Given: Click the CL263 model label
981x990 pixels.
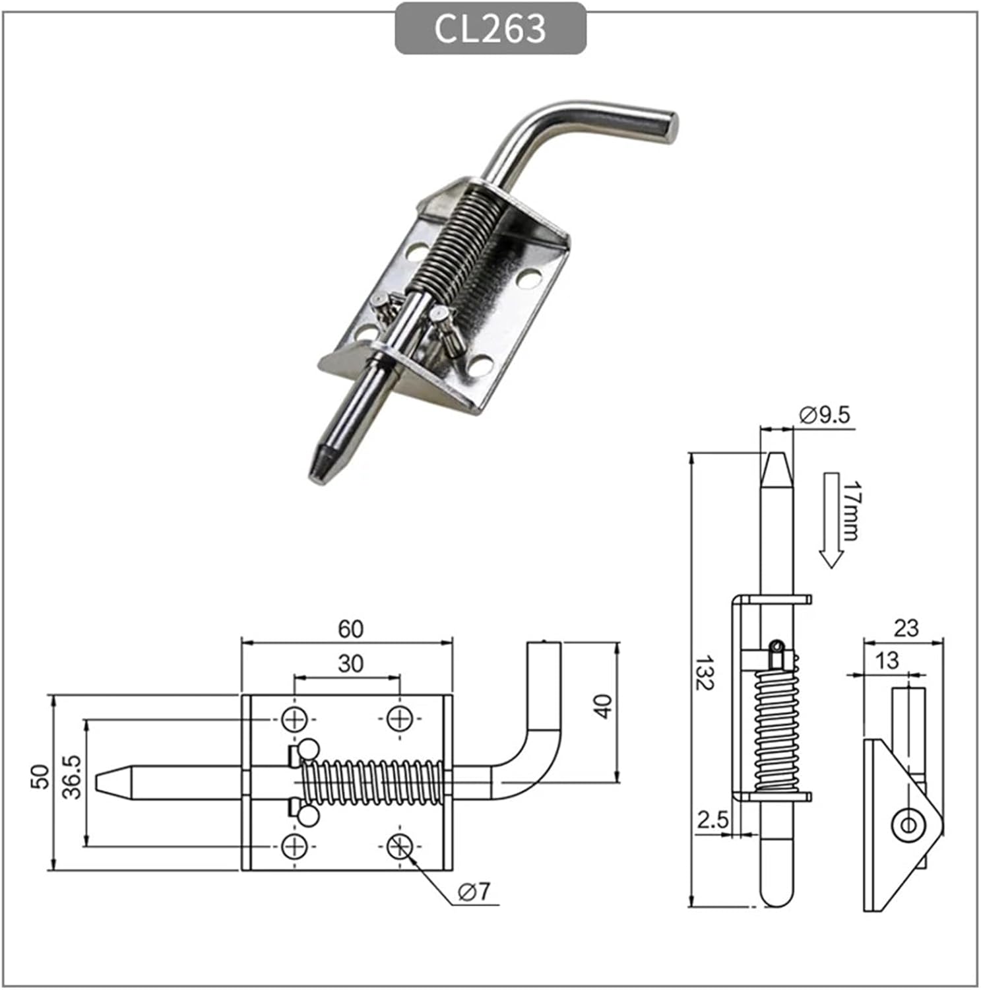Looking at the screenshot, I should click(490, 28).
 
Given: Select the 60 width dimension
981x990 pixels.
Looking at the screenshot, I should click(350, 629).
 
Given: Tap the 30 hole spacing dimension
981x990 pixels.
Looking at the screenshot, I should click(350, 663).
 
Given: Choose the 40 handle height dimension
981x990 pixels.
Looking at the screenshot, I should click(602, 706).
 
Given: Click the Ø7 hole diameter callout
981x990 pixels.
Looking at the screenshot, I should click(474, 892).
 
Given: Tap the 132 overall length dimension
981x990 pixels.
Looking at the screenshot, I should click(704, 673).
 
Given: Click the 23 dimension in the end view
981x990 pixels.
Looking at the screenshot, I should click(906, 628).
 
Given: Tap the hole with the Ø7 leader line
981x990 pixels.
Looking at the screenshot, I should click(400, 845).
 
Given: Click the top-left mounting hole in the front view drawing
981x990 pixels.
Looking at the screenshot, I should click(294, 719).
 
